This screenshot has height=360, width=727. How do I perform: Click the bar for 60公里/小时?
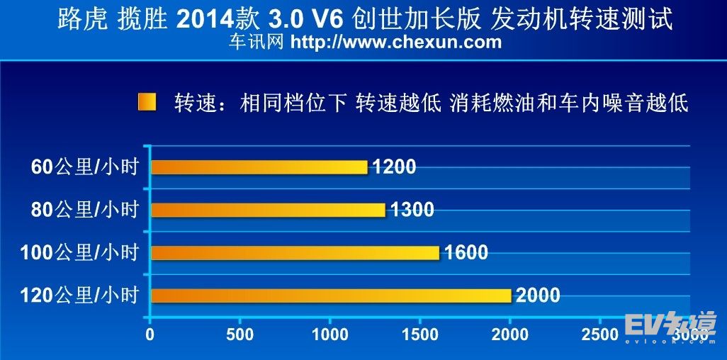click(x=259, y=167)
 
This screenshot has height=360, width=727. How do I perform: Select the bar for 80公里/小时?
click(x=268, y=210)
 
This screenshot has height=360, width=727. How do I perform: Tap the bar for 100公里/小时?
click(x=295, y=252)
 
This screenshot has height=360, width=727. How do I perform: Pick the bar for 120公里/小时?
click(x=331, y=295)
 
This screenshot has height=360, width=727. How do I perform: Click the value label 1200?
click(x=393, y=167)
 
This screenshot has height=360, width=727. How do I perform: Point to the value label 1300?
click(x=411, y=210)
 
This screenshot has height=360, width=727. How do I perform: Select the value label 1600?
click(x=466, y=252)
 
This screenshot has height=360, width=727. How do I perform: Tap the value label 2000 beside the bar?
click(x=537, y=295)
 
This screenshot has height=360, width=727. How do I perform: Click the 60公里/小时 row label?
click(x=84, y=168)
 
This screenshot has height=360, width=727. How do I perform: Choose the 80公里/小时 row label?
click(x=84, y=210)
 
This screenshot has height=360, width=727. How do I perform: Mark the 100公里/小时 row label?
click(x=80, y=253)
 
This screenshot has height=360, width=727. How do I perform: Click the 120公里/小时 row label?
click(x=80, y=296)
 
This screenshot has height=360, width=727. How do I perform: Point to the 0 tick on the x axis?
click(x=150, y=334)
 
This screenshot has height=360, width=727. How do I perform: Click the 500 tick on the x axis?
click(x=240, y=334)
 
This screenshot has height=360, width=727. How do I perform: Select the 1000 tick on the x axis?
click(x=330, y=334)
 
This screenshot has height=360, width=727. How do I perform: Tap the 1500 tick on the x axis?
click(x=420, y=334)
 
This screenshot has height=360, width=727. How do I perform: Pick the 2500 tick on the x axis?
click(x=599, y=334)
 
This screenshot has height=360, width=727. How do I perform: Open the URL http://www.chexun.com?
click(x=396, y=42)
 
